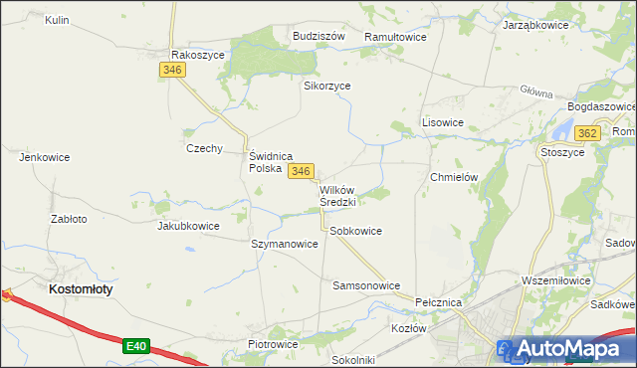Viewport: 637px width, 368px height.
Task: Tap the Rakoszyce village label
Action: [x=198, y=55]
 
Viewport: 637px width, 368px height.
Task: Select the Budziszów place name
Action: [x=318, y=36]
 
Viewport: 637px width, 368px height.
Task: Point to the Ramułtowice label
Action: [x=395, y=36]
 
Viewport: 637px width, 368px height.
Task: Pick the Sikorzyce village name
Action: [x=326, y=86]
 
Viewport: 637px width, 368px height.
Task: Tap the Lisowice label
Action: [x=443, y=122]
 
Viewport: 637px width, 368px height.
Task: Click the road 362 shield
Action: [x=587, y=133]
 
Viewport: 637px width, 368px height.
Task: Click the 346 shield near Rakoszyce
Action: [x=171, y=70]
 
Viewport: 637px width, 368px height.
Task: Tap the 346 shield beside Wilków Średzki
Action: [x=302, y=172]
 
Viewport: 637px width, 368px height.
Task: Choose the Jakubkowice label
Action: [x=188, y=226]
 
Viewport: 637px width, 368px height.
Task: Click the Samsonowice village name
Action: [x=365, y=284]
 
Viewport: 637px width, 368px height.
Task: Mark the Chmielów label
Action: [x=454, y=176]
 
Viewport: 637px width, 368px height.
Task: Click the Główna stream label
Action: [x=535, y=92]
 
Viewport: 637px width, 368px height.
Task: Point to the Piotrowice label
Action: [x=273, y=344]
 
